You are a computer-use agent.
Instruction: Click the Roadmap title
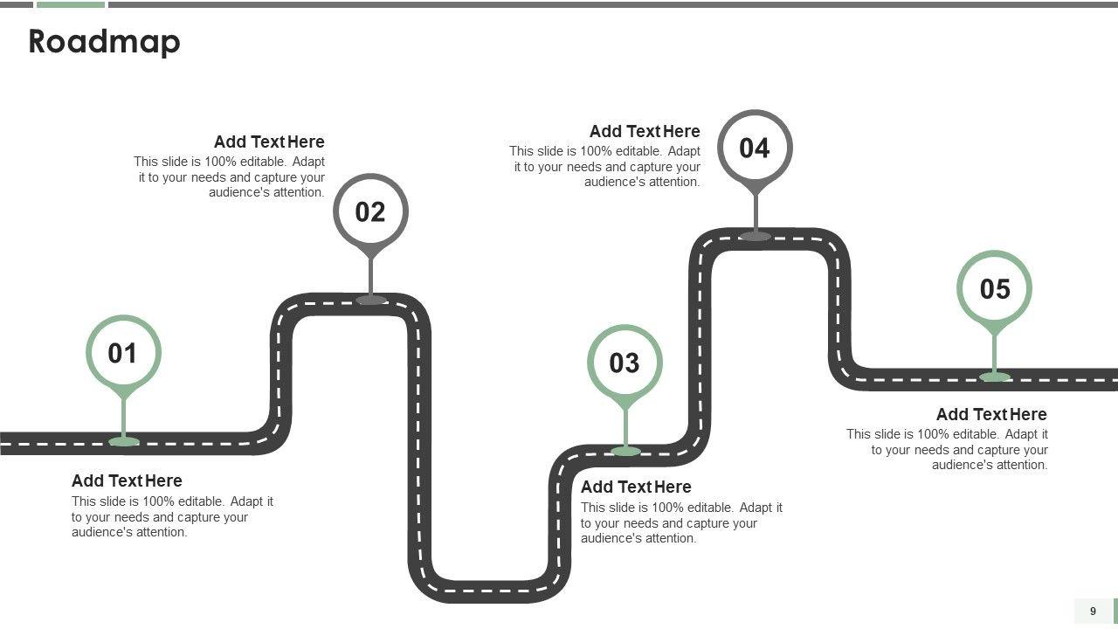(x=104, y=42)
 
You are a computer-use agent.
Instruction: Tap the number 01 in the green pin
(x=123, y=353)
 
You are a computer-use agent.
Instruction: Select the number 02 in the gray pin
(x=370, y=212)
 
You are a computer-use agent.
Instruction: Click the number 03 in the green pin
(x=625, y=363)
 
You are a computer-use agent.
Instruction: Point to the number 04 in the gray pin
(x=755, y=148)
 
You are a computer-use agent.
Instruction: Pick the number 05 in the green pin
(x=994, y=288)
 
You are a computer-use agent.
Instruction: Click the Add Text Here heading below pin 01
(x=127, y=480)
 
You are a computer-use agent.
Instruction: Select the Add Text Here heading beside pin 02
(x=269, y=142)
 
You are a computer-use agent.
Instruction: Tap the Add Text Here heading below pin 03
(x=636, y=487)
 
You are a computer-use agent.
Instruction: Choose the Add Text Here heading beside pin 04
(x=645, y=131)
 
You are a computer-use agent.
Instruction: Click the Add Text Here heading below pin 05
(x=991, y=414)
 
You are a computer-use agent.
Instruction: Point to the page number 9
(x=1093, y=612)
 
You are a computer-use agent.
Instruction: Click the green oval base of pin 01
(x=124, y=441)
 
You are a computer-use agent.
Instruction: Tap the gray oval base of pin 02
(x=371, y=300)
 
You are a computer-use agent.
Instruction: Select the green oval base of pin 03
(x=625, y=451)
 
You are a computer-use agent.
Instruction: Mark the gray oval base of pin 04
(x=756, y=236)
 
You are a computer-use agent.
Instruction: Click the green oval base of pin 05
(x=995, y=377)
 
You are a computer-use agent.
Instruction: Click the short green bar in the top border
(x=71, y=4)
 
